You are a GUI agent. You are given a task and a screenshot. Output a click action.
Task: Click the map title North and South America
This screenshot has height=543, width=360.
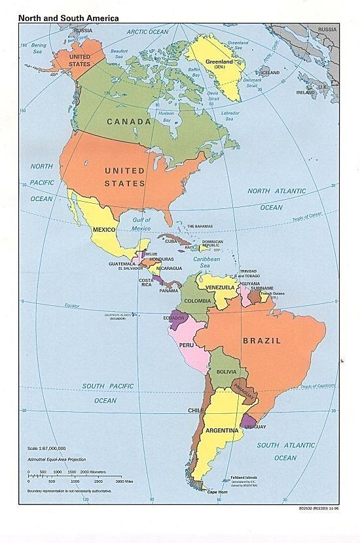click(69, 18)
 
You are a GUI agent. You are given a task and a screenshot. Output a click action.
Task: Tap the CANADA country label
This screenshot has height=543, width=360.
click(129, 121)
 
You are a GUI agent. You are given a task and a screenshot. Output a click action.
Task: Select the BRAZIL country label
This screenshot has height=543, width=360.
click(262, 341)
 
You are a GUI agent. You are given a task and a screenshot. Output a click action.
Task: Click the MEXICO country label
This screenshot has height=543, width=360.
click(104, 230)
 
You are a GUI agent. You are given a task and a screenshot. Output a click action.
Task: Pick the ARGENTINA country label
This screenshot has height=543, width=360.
click(223, 431)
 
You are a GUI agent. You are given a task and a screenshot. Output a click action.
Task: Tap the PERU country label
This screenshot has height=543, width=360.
click(187, 345)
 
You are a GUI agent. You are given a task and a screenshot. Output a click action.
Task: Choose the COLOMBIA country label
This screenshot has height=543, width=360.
click(197, 301)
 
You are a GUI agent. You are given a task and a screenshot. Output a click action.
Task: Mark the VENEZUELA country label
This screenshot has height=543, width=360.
click(220, 288)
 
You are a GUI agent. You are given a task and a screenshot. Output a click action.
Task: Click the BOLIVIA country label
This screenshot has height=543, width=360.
click(226, 372)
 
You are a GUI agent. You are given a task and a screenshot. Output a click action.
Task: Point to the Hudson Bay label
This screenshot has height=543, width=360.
click(166, 117)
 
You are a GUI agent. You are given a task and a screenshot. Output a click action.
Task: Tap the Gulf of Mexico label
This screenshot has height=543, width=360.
click(141, 224)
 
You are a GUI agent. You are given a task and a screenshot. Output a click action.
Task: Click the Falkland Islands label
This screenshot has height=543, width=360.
click(243, 477)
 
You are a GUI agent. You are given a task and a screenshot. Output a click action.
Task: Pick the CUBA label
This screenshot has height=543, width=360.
click(171, 241)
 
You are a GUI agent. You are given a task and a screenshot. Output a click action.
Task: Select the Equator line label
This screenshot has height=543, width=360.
click(76, 306)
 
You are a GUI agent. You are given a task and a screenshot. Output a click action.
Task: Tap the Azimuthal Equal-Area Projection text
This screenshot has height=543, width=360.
click(56, 460)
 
